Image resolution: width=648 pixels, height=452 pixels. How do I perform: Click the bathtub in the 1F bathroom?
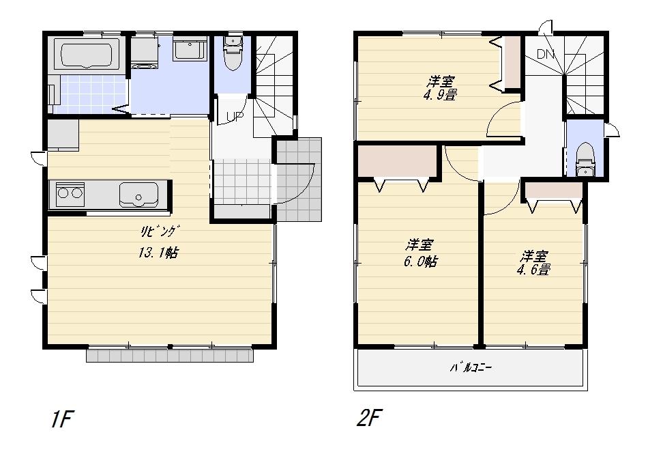coord(87,55)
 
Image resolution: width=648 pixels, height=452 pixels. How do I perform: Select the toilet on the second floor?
coord(585,160)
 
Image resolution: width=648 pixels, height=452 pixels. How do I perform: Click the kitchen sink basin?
coord(138,194)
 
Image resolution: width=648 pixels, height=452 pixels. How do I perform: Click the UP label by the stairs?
coord(235,117)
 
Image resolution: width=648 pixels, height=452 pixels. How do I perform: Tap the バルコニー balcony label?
coord(470,367)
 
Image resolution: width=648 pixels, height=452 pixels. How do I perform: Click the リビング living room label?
coord(158,231)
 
